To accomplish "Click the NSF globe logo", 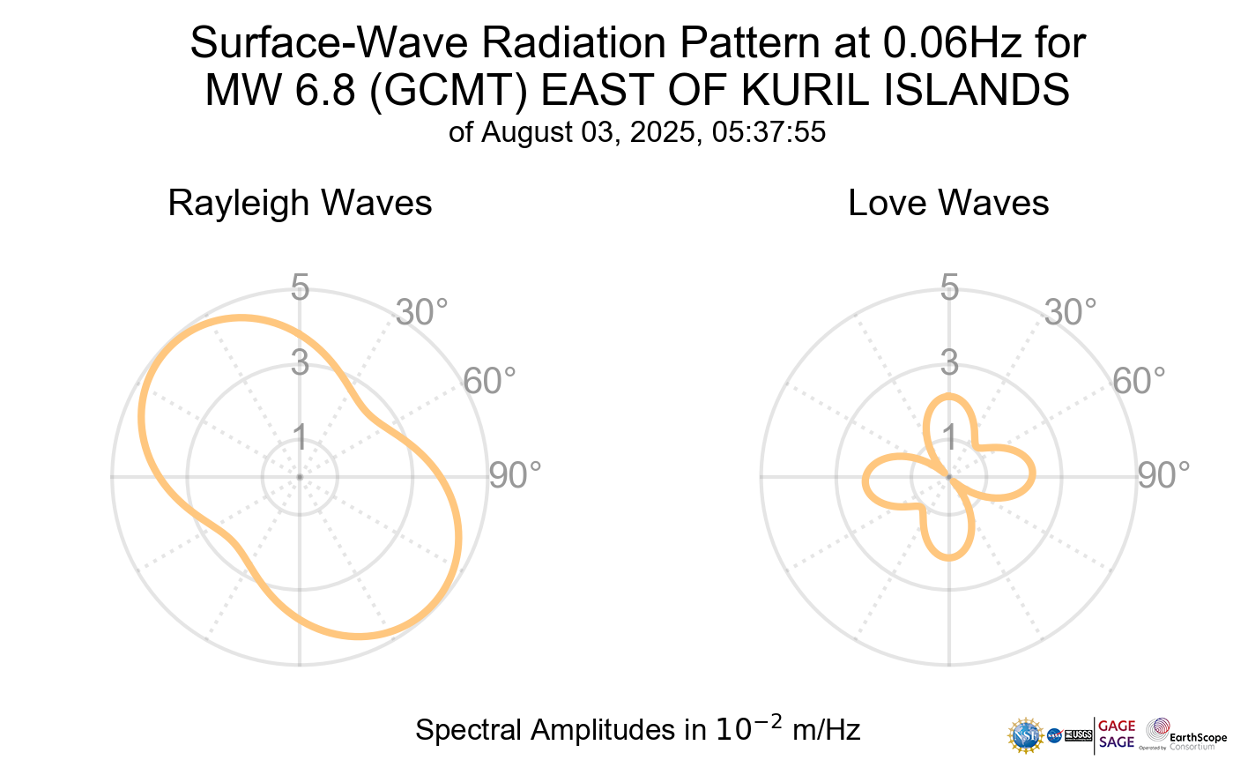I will (1026, 734).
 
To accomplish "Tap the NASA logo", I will (1054, 734).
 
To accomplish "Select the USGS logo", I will (1079, 734).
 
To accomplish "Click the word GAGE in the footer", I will (1117, 727).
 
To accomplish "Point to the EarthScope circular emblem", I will (1158, 729).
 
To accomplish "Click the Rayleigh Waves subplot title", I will (300, 203).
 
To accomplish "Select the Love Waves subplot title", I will (948, 203).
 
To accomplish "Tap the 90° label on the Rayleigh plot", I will (515, 475).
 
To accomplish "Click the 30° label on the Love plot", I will (1070, 312).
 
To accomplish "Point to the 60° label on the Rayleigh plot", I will (490, 382).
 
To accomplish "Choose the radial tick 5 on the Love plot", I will (949, 287).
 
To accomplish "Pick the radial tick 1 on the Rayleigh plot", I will (300, 436).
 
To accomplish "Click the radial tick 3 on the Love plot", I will (949, 362).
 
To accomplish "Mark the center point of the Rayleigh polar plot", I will (300, 477).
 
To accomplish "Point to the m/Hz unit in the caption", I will (827, 730).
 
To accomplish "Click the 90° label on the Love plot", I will (1163, 475).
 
